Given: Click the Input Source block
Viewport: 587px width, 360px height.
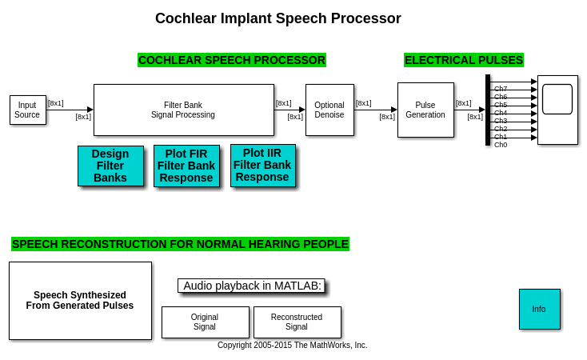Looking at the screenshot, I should (27, 110).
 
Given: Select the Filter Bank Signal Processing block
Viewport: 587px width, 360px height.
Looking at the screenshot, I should (183, 110).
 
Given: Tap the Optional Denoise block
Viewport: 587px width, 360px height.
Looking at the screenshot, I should (329, 110).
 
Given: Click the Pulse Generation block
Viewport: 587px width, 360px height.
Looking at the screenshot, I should (425, 110).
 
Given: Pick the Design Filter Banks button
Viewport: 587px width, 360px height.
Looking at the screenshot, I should (110, 166).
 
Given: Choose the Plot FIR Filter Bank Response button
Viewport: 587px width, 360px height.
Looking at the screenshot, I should (186, 166).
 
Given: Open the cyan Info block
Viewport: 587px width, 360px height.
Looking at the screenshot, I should (539, 309).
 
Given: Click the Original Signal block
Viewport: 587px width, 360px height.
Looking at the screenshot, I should (205, 322).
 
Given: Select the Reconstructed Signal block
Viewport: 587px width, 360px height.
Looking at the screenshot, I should (297, 322).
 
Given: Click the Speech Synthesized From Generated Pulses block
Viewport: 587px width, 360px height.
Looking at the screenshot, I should (80, 300).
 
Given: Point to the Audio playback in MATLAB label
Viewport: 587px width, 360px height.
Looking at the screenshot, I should (252, 286).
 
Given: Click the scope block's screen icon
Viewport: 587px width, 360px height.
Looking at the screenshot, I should (557, 99).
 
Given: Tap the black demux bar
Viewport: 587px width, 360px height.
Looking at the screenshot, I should (487, 110).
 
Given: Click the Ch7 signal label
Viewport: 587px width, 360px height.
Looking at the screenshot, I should (501, 88).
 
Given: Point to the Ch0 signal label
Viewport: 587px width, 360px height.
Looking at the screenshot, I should (501, 145).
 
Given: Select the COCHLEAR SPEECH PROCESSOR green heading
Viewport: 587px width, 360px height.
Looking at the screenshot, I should (231, 60).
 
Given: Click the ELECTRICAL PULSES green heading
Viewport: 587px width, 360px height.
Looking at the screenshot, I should (463, 60).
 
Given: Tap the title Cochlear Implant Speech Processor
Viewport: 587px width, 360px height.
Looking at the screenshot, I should (278, 18).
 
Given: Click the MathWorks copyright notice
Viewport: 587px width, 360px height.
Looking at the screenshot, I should (292, 346).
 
